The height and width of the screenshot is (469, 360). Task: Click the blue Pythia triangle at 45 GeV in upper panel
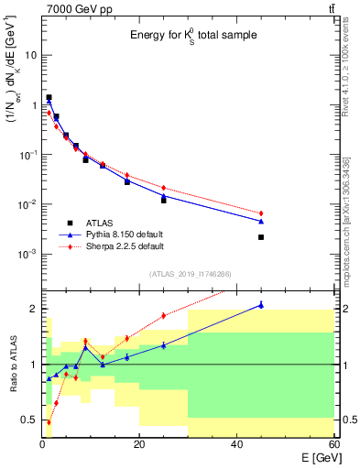[261, 221]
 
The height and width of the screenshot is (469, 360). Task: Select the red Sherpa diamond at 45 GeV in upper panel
[261, 213]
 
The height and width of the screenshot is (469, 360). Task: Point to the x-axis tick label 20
[139, 444]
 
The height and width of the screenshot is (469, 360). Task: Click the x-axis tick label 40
[236, 444]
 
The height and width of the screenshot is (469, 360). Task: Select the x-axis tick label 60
[333, 444]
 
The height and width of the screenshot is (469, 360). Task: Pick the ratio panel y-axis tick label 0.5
[27, 420]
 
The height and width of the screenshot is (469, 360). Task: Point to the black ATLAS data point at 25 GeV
[164, 200]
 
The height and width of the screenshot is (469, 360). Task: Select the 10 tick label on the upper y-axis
[28, 55]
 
